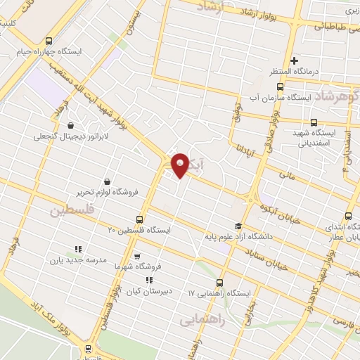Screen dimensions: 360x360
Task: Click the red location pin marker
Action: click(x=180, y=165)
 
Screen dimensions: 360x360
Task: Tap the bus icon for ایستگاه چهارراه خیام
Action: click(x=48, y=41)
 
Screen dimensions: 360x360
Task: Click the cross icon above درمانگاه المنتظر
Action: click(x=295, y=60)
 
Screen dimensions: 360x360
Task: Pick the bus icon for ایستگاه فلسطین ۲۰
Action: click(x=139, y=219)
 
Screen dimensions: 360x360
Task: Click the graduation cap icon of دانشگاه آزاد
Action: click(x=238, y=226)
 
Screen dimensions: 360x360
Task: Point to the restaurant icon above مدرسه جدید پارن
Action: click(x=78, y=249)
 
